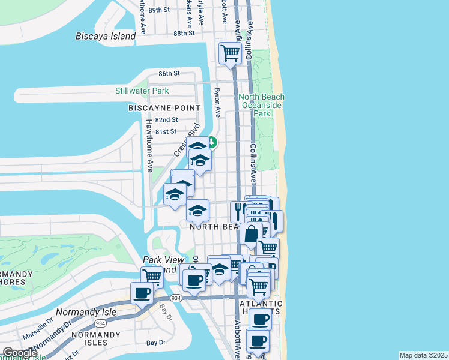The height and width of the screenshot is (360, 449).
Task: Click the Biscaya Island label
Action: coord(106,36)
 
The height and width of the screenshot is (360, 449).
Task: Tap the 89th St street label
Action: coord(159,10)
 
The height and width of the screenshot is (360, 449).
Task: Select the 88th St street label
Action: coord(184,33)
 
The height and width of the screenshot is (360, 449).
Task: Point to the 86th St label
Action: coord(169,73)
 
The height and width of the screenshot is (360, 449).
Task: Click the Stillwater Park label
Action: coord(142,91)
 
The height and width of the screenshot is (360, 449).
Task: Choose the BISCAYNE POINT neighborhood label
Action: coord(164,108)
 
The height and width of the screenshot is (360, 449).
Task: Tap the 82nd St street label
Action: coord(166,120)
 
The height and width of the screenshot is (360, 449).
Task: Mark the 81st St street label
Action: coord(166,131)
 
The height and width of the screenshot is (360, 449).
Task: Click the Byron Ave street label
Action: coord(217,103)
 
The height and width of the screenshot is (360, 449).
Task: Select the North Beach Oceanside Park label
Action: coord(262,105)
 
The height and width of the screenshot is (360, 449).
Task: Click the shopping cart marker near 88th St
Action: coord(231,53)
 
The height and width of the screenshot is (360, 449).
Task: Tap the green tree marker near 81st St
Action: coord(212,143)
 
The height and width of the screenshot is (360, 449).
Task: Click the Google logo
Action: coord(20,353)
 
